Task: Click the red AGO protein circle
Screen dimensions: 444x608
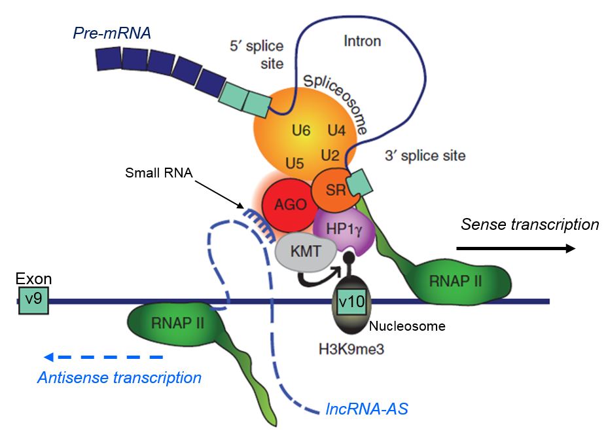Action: (285, 204)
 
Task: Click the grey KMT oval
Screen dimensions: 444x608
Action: (306, 250)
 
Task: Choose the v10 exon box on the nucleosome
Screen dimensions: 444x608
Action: (353, 302)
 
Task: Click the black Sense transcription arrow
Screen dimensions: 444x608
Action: (516, 248)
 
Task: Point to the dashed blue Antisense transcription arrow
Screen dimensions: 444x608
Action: (103, 357)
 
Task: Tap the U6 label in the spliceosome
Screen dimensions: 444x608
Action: (301, 130)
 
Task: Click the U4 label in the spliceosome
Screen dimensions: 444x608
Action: (336, 130)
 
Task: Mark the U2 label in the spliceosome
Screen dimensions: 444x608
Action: (330, 155)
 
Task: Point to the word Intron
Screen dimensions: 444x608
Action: (363, 41)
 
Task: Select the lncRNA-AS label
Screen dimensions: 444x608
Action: (367, 409)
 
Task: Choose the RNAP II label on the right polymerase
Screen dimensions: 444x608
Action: (456, 281)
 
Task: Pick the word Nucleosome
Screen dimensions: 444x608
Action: (408, 325)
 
